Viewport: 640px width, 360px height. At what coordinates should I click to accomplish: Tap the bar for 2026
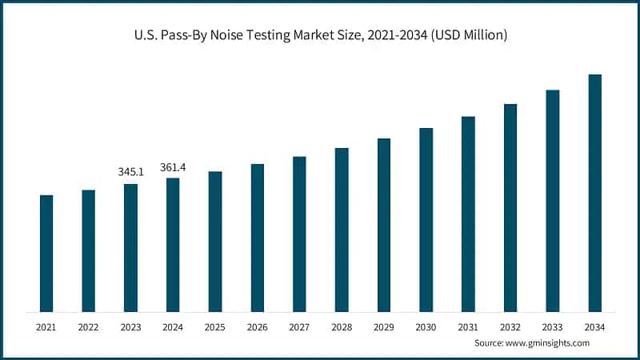(258, 238)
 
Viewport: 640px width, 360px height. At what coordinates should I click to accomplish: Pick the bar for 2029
(384, 225)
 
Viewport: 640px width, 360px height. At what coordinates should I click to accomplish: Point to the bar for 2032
(510, 207)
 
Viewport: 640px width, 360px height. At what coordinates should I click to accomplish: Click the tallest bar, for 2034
(594, 193)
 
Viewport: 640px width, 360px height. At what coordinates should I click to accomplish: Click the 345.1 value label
(130, 171)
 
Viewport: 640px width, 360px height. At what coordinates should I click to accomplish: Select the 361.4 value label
(173, 166)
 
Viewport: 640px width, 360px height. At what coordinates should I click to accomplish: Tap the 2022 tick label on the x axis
(88, 327)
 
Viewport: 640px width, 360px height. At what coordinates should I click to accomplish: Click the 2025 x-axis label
(215, 327)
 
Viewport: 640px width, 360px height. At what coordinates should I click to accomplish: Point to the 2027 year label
(299, 327)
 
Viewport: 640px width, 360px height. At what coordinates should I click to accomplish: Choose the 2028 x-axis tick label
(342, 327)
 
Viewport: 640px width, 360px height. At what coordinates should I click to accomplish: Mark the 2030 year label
(426, 327)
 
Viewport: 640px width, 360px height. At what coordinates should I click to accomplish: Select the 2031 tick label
(468, 327)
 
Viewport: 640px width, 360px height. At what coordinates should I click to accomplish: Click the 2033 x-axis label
(552, 327)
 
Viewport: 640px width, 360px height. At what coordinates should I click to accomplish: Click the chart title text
(319, 35)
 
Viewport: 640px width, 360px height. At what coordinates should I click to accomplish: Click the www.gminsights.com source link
(548, 343)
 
